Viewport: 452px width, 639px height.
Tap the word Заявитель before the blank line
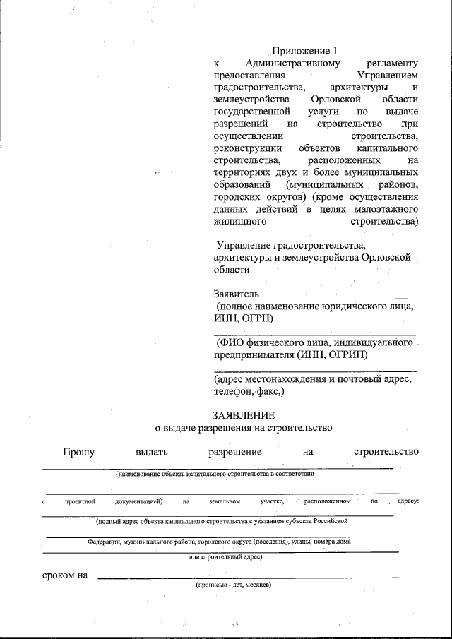pyautogui.click(x=237, y=294)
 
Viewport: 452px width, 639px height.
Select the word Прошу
pyautogui.click(x=78, y=452)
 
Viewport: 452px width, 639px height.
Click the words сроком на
pyautogui.click(x=64, y=575)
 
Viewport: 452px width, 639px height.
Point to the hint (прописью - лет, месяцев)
pyautogui.click(x=233, y=585)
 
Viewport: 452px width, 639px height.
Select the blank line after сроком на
pyautogui.click(x=247, y=578)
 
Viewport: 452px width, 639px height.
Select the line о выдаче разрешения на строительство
pyautogui.click(x=243, y=428)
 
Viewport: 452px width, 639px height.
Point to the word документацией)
pyautogui.click(x=138, y=501)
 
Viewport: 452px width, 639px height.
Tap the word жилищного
pyautogui.click(x=239, y=222)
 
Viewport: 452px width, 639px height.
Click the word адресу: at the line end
pyautogui.click(x=408, y=501)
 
